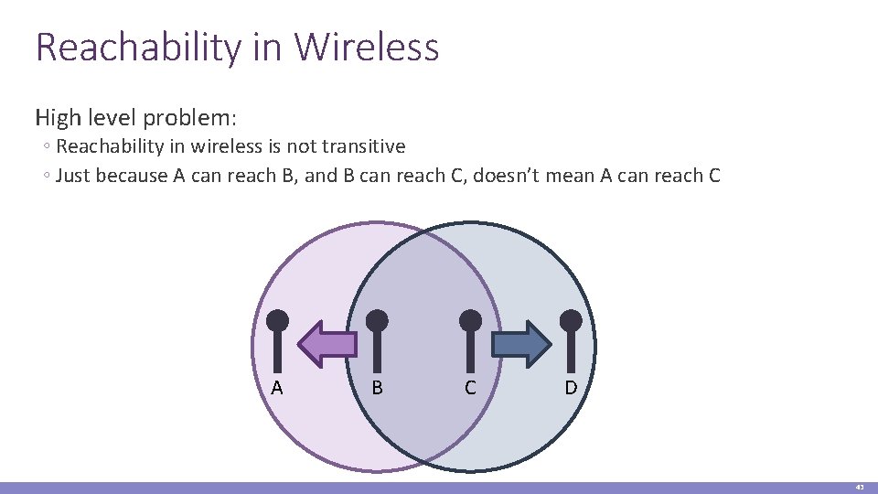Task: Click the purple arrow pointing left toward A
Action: (327, 344)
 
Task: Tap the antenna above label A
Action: (277, 338)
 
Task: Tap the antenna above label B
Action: (377, 338)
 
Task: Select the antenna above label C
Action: (470, 338)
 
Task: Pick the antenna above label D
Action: (571, 338)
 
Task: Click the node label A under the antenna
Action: (277, 388)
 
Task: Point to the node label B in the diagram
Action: (377, 388)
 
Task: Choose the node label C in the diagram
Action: (470, 388)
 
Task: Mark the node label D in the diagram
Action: (571, 388)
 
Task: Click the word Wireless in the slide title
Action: (369, 48)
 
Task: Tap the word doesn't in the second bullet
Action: (508, 176)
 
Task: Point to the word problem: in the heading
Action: (192, 118)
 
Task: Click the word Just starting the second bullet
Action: (73, 176)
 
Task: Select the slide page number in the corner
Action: (860, 488)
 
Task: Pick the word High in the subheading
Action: (58, 118)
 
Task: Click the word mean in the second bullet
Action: (571, 176)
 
